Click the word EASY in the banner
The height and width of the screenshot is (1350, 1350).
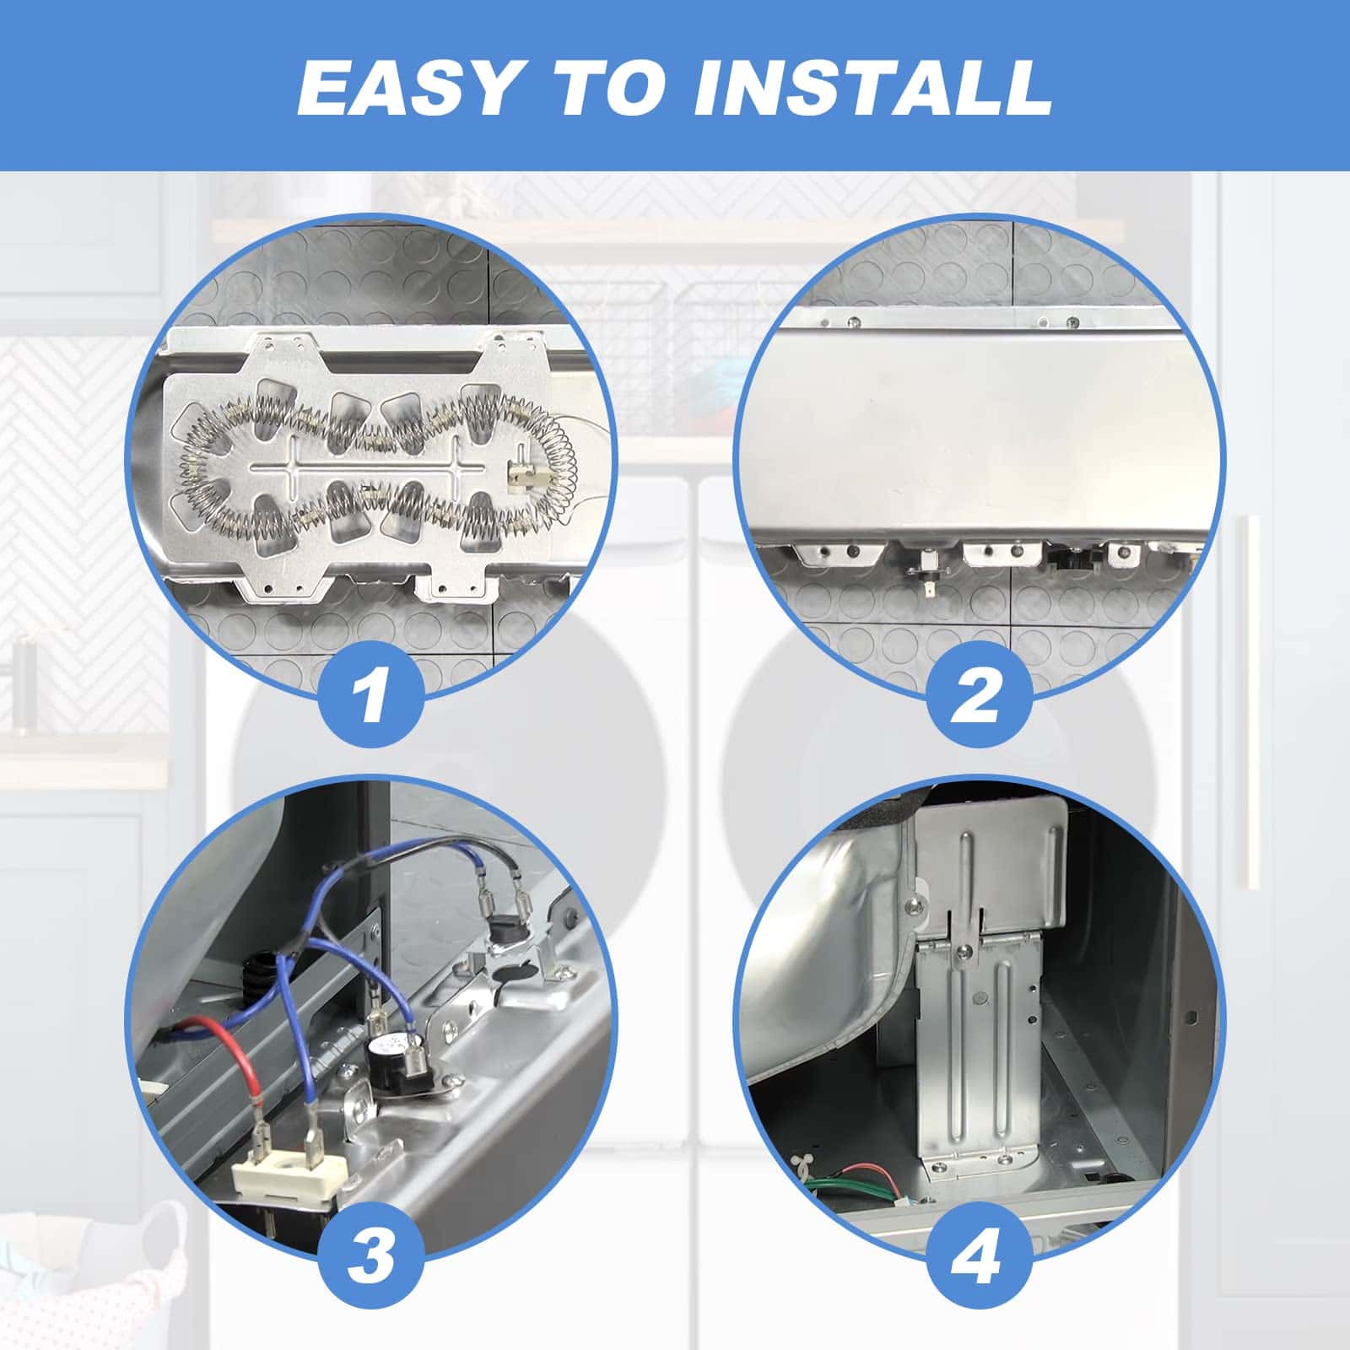point(407,89)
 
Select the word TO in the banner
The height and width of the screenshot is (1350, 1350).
point(602,89)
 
